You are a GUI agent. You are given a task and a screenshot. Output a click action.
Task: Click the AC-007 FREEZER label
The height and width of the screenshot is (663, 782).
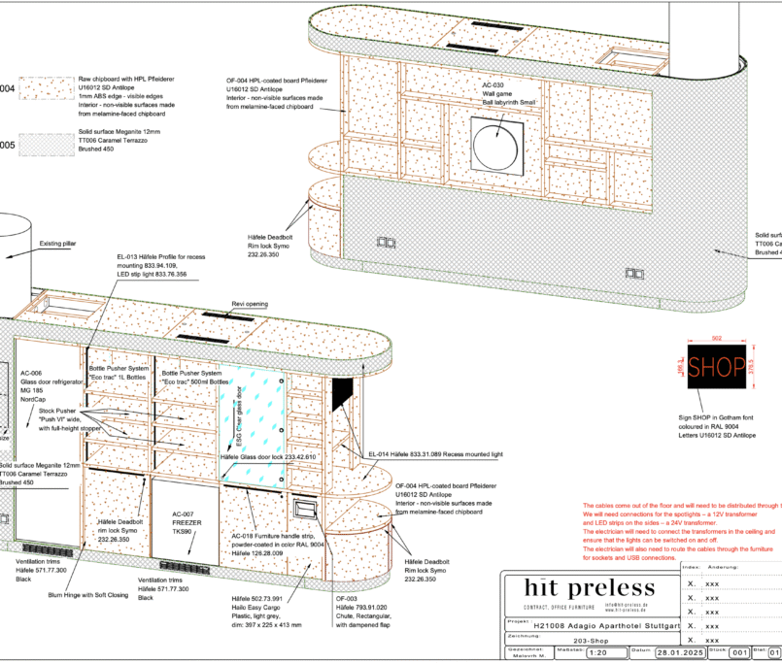(x=186, y=523)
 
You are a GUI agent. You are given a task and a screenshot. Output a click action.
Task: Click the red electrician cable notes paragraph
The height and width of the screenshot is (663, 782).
(x=679, y=532)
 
